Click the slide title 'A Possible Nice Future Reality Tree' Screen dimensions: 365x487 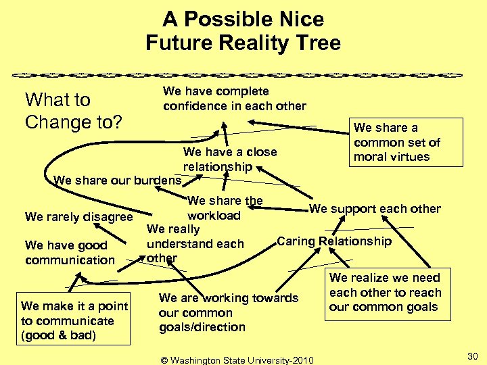click(243, 31)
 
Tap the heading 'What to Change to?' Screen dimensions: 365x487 click(73, 111)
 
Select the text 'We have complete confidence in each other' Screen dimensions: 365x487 click(234, 99)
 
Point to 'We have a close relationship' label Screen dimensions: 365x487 click(230, 159)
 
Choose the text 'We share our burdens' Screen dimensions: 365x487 click(117, 180)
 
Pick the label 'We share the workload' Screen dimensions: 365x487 click(225, 208)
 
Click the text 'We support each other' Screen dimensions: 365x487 click(375, 209)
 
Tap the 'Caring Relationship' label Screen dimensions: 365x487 click(334, 241)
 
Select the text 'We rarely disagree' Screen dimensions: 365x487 click(78, 217)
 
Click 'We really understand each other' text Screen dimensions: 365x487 click(195, 243)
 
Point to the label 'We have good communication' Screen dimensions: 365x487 click(70, 253)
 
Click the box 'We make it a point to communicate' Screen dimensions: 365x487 click(74, 321)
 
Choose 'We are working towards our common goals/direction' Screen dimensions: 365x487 click(228, 312)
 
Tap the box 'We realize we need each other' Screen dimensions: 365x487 click(385, 292)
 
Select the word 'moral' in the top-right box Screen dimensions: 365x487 click(369, 157)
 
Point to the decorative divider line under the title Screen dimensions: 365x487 click(243, 73)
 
